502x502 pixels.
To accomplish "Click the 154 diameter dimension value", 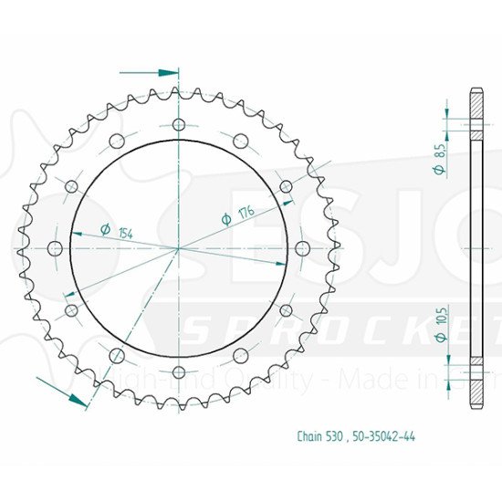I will [x=125, y=234].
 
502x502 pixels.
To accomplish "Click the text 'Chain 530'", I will [x=319, y=437].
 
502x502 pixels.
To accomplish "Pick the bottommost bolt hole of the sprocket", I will [x=179, y=371].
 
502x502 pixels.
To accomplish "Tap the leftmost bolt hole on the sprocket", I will [x=55, y=248].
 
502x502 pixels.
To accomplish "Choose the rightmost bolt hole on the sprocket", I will [x=302, y=248].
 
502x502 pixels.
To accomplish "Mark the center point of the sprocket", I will [x=179, y=248].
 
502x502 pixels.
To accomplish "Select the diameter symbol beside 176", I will [x=225, y=219].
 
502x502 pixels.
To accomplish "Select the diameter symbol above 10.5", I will [x=439, y=337].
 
